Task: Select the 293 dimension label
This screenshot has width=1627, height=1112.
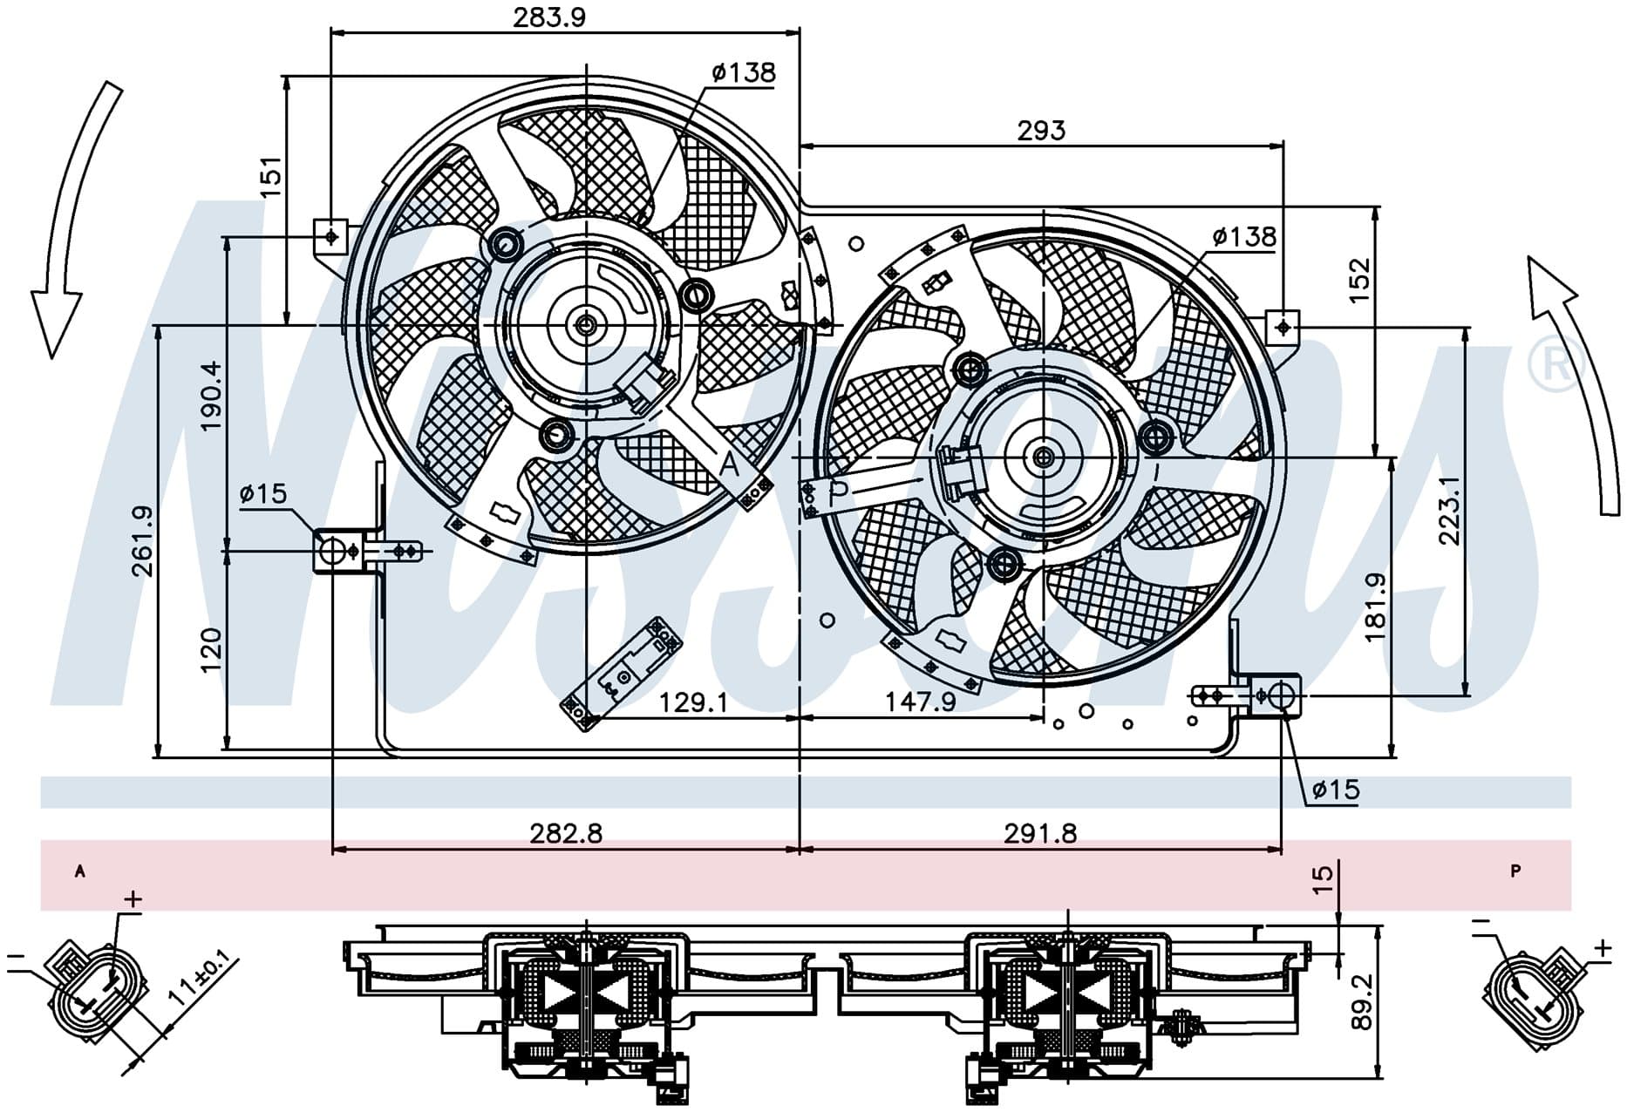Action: [1041, 131]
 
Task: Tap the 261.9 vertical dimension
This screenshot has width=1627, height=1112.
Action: [142, 541]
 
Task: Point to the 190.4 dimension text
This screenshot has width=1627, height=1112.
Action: [212, 397]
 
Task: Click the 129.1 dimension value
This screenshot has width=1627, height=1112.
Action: [692, 702]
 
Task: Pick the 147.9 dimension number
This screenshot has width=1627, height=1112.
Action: [920, 702]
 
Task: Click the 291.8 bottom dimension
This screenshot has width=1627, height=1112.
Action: [1040, 834]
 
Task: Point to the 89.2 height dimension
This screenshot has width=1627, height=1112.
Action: [1363, 1002]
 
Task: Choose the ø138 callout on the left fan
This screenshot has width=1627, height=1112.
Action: [743, 72]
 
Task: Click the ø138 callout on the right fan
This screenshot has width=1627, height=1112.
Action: [1244, 236]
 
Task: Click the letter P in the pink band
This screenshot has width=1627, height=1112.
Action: [1515, 871]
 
